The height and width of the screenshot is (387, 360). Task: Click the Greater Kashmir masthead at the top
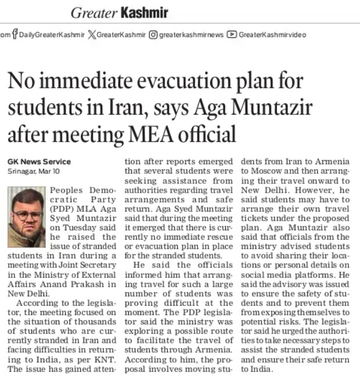coord(119,12)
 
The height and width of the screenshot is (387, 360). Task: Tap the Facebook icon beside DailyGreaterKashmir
coord(14,35)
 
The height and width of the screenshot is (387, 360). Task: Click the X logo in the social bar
coord(91,35)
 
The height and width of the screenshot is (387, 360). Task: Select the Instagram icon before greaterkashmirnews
coord(153,35)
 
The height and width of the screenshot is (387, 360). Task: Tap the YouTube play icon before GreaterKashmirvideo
coord(232,35)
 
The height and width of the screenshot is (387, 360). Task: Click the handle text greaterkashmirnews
coord(191,35)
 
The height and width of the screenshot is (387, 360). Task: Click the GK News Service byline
coord(39,161)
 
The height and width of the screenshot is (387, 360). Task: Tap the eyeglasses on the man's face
coord(27,214)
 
